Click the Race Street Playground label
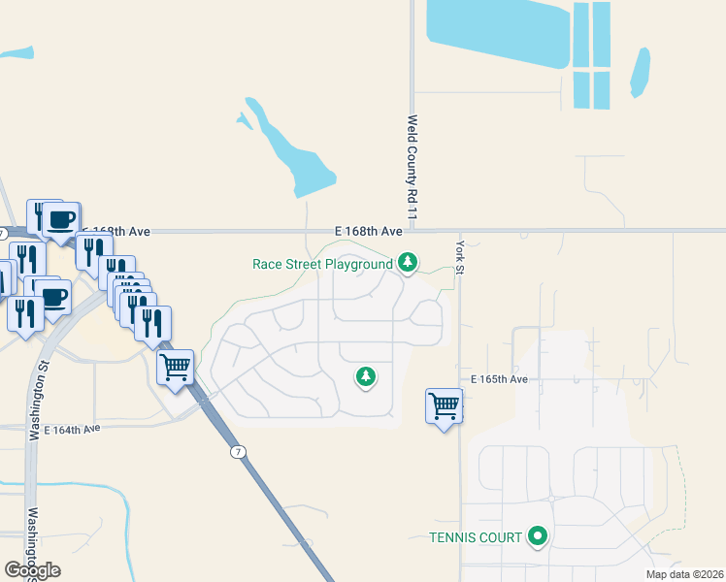click(x=322, y=264)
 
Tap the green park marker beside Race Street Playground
click(x=409, y=262)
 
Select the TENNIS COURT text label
click(x=476, y=536)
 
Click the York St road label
click(x=461, y=254)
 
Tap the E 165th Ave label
click(x=500, y=379)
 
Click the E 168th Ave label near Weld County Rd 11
click(x=369, y=231)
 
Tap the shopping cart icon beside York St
click(x=444, y=405)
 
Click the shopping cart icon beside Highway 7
click(x=175, y=369)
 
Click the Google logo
click(x=33, y=569)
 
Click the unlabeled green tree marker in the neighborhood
click(x=365, y=375)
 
